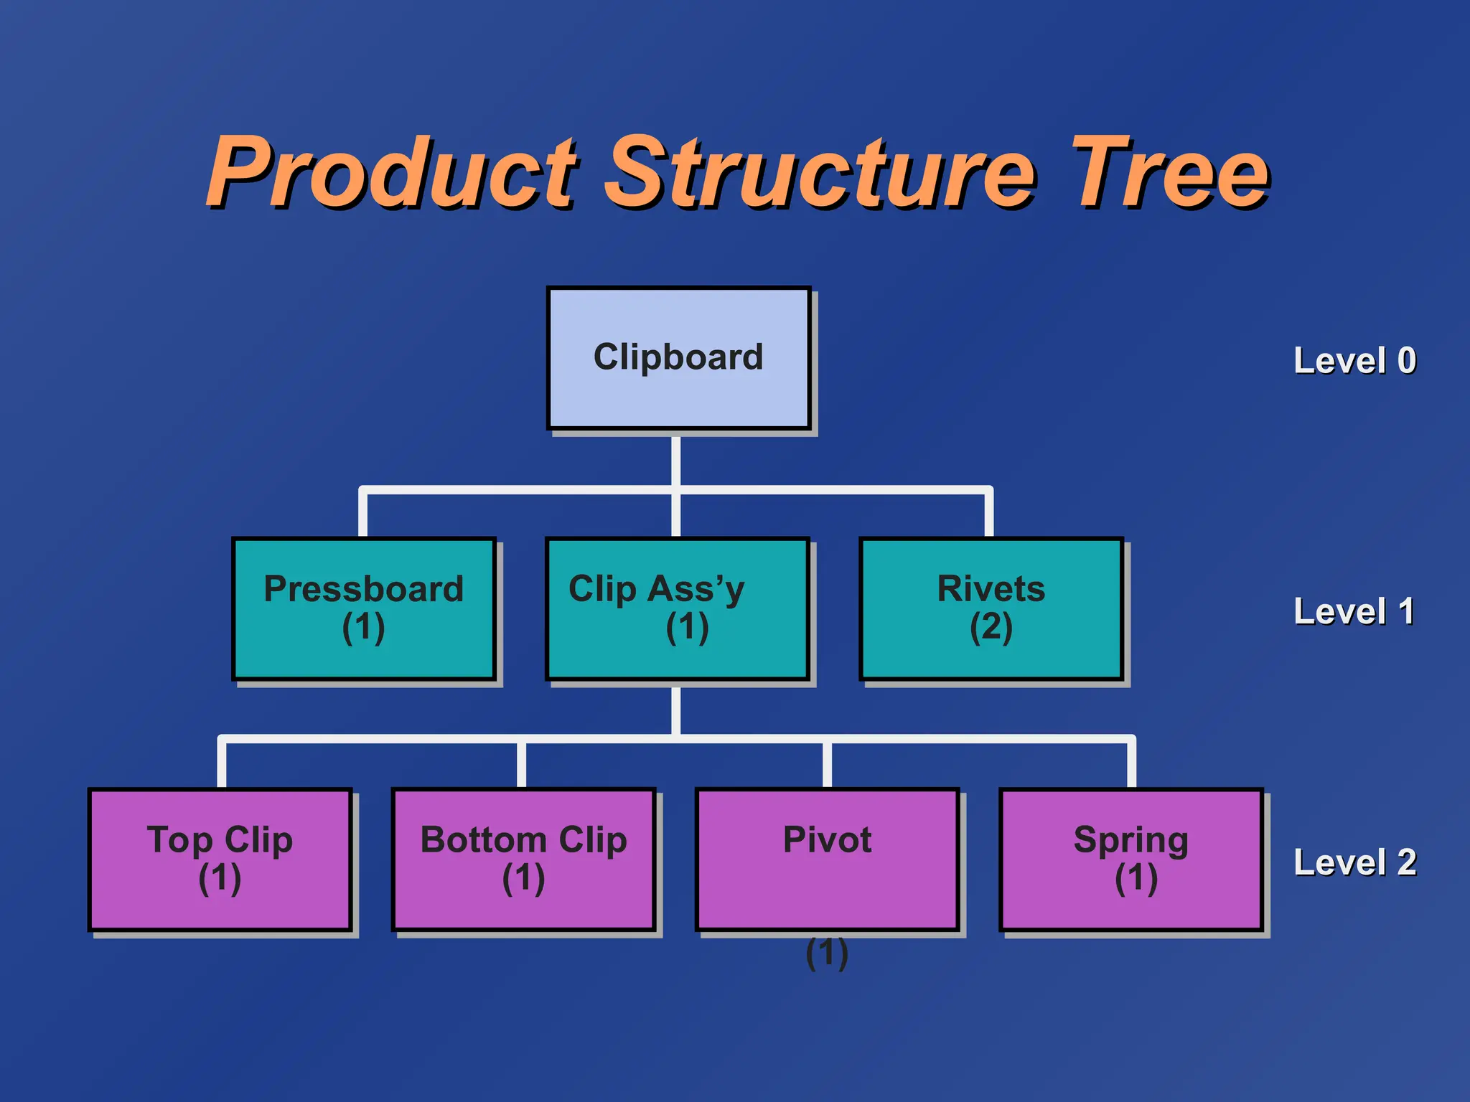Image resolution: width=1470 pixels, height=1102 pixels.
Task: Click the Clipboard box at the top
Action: coord(678,358)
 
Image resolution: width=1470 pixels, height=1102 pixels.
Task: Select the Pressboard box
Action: coord(364,608)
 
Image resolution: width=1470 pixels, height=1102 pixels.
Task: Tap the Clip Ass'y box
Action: coord(678,608)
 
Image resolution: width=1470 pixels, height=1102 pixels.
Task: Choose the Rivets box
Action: coord(991,608)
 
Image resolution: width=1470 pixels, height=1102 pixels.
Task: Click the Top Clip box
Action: coord(220,859)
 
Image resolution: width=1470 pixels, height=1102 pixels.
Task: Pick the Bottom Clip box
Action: coord(523,859)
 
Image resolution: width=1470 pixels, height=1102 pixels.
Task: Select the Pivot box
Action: coord(827,859)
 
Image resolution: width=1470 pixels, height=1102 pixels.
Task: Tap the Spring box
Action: coord(1130,859)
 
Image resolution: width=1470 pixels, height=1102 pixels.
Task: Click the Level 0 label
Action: coord(1354,360)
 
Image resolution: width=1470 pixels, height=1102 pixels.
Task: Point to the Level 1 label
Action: coord(1354,611)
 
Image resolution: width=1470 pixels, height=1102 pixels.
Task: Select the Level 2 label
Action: coord(1354,862)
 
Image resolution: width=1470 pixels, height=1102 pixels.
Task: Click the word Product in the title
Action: coord(391,172)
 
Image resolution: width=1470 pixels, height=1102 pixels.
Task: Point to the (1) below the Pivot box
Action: coord(827,953)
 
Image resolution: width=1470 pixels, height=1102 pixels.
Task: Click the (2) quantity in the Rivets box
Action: coord(991,627)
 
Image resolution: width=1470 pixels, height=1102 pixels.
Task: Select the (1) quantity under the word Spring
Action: coord(1136,878)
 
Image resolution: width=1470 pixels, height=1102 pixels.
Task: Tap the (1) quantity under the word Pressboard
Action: coord(363,627)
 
